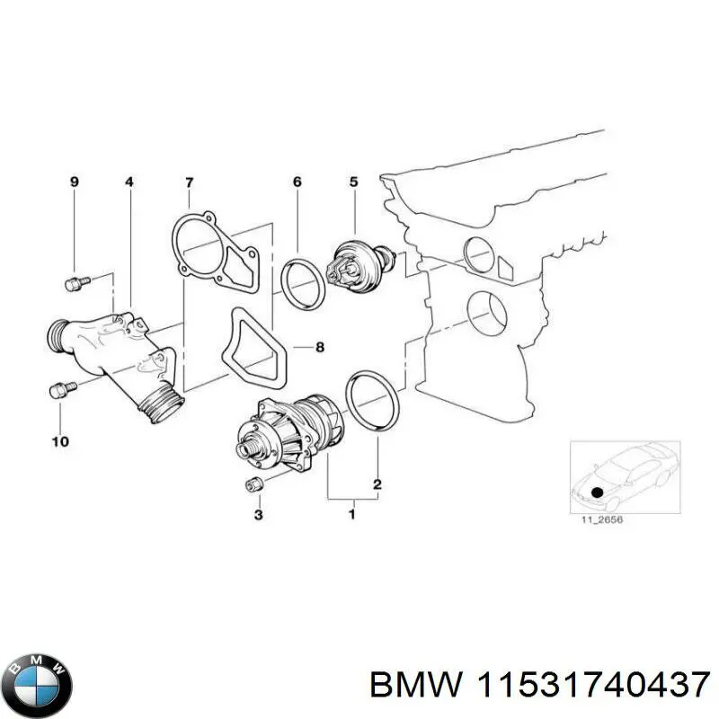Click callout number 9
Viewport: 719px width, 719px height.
point(75,182)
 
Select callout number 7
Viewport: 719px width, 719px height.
point(189,182)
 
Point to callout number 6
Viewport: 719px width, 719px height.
point(297,182)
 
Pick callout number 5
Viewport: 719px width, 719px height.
point(353,182)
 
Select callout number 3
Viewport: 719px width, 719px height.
point(259,515)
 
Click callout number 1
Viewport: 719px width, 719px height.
point(351,515)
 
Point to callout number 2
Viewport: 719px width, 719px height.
point(377,485)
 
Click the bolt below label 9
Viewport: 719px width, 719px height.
point(74,285)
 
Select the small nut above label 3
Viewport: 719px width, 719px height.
point(254,486)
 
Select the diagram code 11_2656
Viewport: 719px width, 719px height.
point(594,531)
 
